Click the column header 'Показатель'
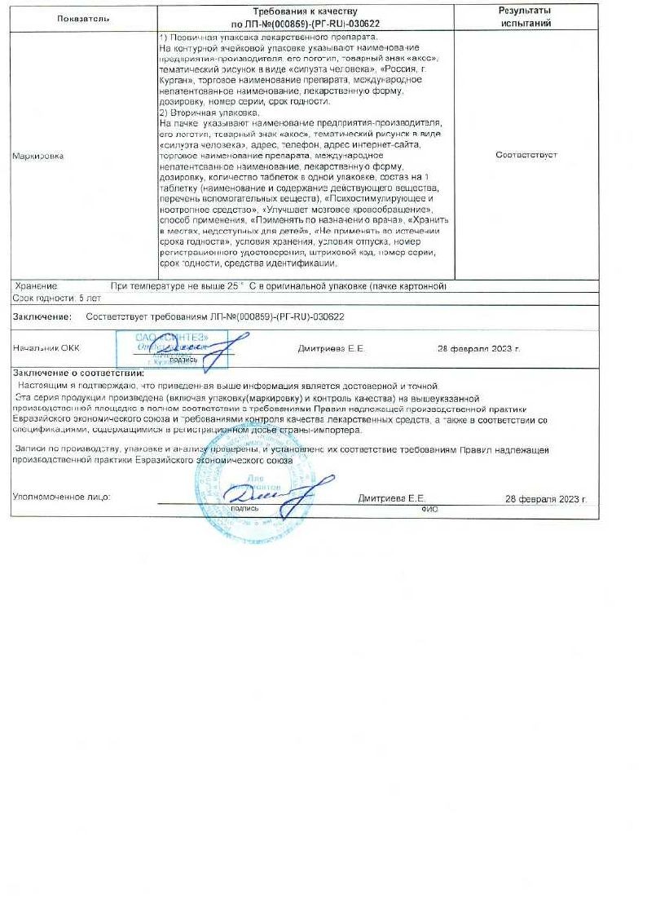click(x=83, y=17)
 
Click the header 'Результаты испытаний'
click(x=524, y=17)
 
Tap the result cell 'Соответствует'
click(x=526, y=155)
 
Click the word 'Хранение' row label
click(x=37, y=286)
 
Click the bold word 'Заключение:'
click(x=42, y=316)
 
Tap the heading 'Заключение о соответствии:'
click(x=78, y=373)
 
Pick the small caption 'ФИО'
click(x=429, y=507)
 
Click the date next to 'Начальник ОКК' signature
click(x=478, y=348)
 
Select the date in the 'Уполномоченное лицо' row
click(x=546, y=497)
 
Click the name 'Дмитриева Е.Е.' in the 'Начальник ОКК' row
click(x=332, y=348)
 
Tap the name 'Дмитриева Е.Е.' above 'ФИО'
click(x=392, y=497)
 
